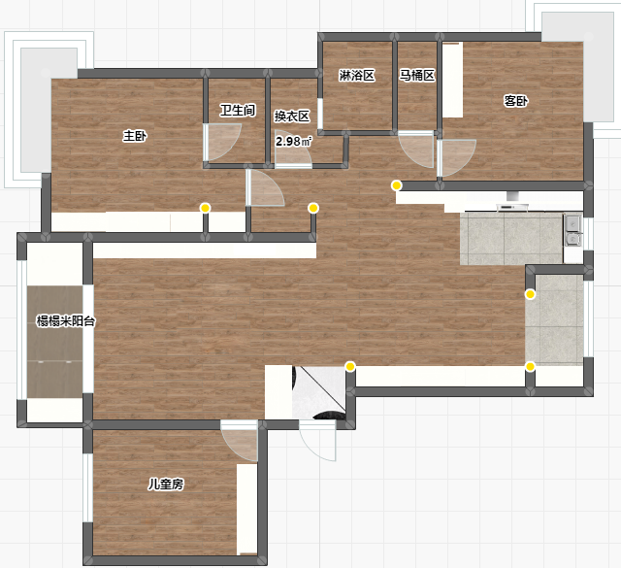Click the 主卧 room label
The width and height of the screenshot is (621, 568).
pyautogui.click(x=135, y=136)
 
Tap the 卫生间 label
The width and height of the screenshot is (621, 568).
pyautogui.click(x=238, y=110)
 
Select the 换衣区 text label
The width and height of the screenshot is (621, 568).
pyautogui.click(x=292, y=117)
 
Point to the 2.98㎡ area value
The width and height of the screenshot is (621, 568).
pyautogui.click(x=294, y=141)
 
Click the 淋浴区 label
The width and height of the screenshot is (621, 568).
pyautogui.click(x=357, y=76)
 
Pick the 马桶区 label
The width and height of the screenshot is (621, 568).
pyautogui.click(x=416, y=75)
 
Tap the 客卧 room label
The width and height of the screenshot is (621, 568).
pyautogui.click(x=515, y=101)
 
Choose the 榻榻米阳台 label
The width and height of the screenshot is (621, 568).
pyautogui.click(x=66, y=320)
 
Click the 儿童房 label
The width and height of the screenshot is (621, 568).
pyautogui.click(x=166, y=484)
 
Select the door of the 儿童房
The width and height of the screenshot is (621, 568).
pyautogui.click(x=240, y=441)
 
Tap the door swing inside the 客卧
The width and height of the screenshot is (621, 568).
pyautogui.click(x=456, y=157)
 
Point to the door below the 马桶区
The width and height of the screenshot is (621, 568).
pyautogui.click(x=416, y=150)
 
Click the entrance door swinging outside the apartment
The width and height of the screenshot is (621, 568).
pyautogui.click(x=317, y=441)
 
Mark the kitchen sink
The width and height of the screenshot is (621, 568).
pyautogui.click(x=572, y=230)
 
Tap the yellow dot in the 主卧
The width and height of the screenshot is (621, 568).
pyautogui.click(x=205, y=208)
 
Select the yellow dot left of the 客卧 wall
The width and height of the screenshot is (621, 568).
pyautogui.click(x=397, y=185)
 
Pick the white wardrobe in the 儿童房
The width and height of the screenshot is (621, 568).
pyautogui.click(x=247, y=510)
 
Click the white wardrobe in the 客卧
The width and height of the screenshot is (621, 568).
pyautogui.click(x=453, y=80)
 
